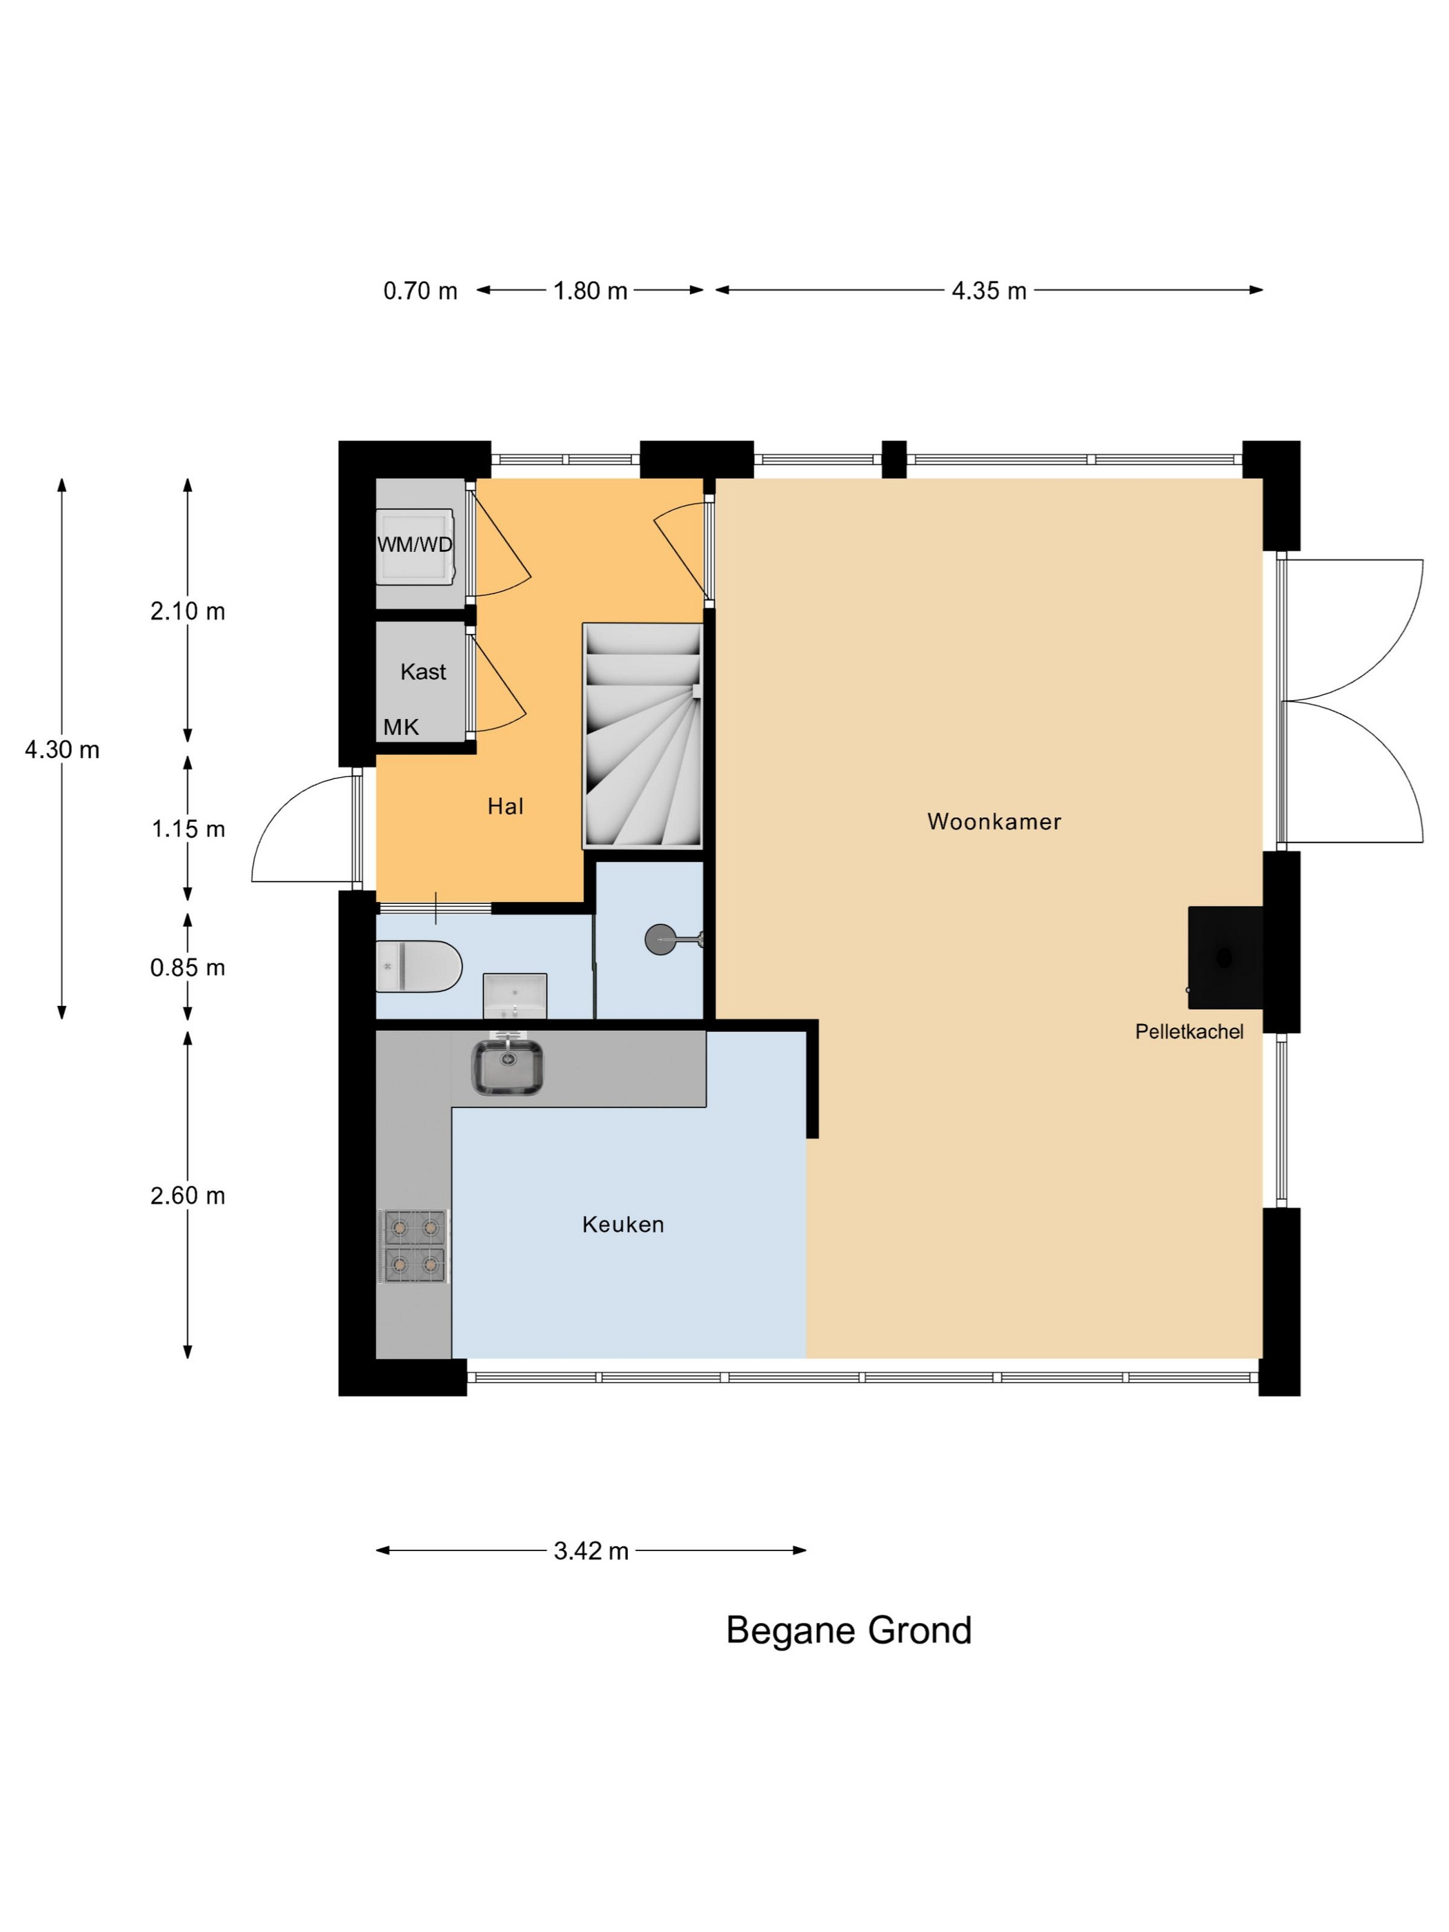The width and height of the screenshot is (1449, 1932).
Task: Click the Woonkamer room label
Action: click(x=994, y=822)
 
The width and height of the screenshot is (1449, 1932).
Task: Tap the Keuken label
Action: click(x=623, y=1225)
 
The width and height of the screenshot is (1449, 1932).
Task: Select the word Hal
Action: click(x=506, y=806)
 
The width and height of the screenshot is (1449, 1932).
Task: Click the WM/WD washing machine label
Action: click(x=415, y=545)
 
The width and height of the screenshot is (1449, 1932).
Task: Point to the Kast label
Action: click(x=423, y=671)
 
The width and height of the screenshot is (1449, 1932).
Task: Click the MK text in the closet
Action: click(x=401, y=727)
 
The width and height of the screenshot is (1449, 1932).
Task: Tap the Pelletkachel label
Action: click(x=1189, y=1032)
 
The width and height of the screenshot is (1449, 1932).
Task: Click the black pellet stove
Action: click(x=1225, y=957)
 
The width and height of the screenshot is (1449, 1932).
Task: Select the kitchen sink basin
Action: click(x=506, y=1067)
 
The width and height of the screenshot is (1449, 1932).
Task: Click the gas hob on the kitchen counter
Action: click(x=415, y=1246)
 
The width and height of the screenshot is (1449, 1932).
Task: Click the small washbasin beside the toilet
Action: click(x=515, y=996)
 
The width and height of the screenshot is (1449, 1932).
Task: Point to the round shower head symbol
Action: click(x=660, y=940)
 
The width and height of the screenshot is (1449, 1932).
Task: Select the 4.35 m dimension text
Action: click(x=989, y=291)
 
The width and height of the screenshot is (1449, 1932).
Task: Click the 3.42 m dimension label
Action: click(x=591, y=1551)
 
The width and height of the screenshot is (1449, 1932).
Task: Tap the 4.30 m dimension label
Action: click(x=62, y=749)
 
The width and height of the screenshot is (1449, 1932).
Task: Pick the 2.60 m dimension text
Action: click(x=188, y=1196)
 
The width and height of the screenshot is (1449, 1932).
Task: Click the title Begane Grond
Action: click(x=849, y=1630)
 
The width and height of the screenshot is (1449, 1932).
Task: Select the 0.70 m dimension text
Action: click(x=420, y=291)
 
